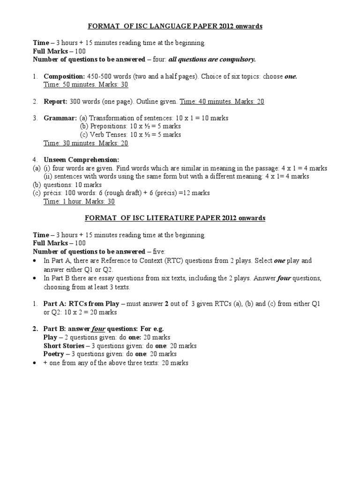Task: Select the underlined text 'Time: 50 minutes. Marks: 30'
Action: pos(86,85)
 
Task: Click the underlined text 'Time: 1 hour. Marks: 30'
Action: pos(79,202)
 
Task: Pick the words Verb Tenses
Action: pos(107,135)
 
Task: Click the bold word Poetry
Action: pos(53,354)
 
